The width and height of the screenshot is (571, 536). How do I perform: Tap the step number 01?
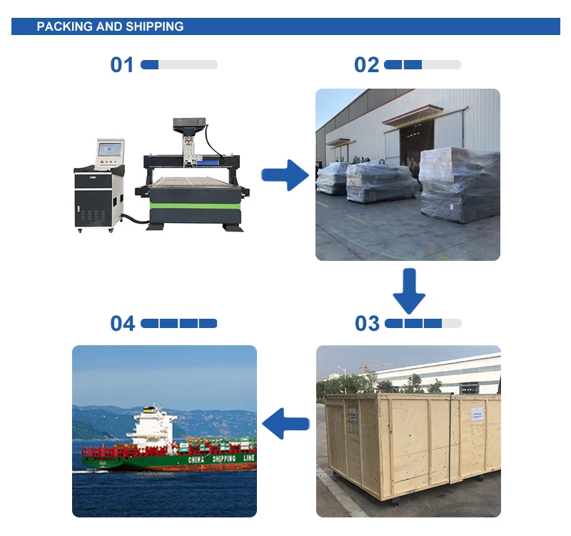(121, 65)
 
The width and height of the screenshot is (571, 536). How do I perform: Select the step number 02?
(366, 65)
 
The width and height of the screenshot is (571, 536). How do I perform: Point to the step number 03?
(367, 324)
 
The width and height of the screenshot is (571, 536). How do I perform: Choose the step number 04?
(122, 324)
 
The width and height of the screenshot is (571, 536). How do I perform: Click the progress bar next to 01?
(179, 65)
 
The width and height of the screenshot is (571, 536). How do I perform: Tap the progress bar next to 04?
(179, 324)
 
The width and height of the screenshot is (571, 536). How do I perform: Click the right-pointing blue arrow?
(285, 175)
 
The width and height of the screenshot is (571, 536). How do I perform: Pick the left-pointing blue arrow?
(285, 425)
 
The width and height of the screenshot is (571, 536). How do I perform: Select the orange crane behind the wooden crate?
(375, 367)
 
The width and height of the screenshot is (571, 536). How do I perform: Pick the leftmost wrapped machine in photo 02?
(333, 178)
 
